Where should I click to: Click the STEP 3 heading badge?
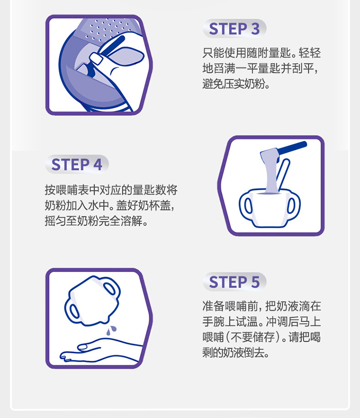coord(234,29)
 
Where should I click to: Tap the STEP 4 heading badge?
coord(77,165)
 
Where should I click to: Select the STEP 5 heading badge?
coord(234,282)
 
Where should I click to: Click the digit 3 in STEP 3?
coord(254,29)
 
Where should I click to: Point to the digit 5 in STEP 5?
coord(254,282)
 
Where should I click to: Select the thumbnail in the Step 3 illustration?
coord(96,59)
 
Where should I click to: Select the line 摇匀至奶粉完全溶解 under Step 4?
coord(96,222)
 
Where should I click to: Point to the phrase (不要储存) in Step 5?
coord(254,336)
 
